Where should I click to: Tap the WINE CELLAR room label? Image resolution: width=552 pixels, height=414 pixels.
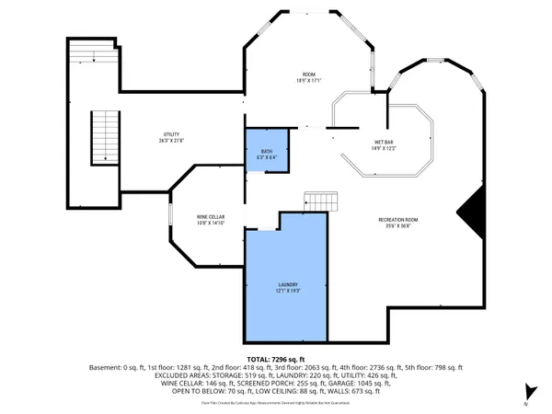(211, 216)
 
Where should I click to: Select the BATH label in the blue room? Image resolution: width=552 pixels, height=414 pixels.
(266, 153)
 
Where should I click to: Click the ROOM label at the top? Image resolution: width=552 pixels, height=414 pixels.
(309, 74)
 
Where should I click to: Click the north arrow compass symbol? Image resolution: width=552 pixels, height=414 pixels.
(527, 393)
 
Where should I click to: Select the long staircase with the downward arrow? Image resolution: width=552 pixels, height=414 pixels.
(104, 138)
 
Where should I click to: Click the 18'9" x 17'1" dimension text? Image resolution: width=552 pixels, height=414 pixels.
(309, 80)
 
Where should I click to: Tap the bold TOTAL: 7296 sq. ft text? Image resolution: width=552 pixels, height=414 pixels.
(276, 358)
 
